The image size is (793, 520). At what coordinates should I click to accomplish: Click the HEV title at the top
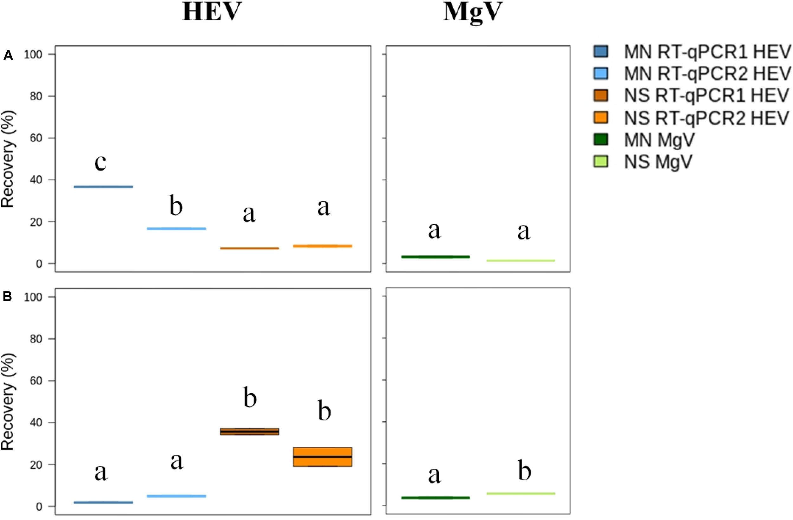(x=212, y=12)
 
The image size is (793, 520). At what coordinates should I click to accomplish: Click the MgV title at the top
(x=472, y=13)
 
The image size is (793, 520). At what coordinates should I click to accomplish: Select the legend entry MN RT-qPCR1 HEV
(x=707, y=52)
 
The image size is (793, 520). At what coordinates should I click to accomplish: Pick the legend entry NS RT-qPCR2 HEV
(x=706, y=118)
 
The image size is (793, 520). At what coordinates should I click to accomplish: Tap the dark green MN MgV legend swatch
(x=600, y=140)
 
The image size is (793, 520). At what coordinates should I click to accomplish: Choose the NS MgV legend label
(x=658, y=162)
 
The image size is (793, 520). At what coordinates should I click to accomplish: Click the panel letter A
(x=8, y=55)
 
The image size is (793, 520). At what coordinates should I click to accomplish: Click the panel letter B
(x=7, y=296)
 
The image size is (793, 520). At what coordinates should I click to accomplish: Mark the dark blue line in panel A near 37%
(x=103, y=187)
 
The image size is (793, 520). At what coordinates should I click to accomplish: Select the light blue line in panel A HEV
(x=176, y=229)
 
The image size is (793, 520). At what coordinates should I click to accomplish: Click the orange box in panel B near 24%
(x=323, y=457)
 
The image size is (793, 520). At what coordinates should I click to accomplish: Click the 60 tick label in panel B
(x=36, y=381)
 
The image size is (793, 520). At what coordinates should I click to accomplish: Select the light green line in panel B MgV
(x=521, y=493)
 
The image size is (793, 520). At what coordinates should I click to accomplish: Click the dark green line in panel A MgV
(x=435, y=257)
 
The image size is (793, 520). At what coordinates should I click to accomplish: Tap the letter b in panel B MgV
(x=524, y=471)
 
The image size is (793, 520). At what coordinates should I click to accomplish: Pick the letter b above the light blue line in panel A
(x=176, y=206)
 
